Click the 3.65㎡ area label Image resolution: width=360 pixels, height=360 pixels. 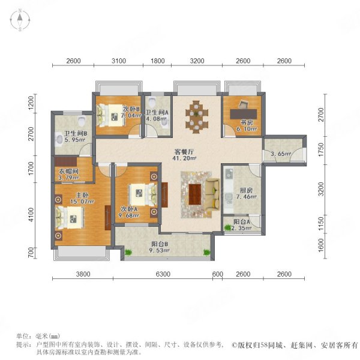click(280, 154)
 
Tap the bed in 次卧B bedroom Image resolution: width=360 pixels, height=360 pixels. click(110, 115)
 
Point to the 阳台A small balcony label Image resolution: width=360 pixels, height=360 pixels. click(242, 221)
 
